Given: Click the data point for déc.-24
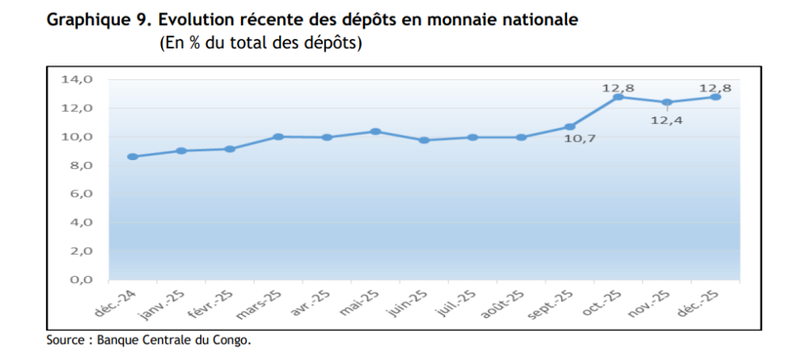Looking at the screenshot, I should click(x=133, y=157).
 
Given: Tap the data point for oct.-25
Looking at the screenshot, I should click(x=618, y=97).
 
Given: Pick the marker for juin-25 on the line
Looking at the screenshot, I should click(x=424, y=140).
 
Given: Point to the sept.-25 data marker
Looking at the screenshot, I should click(x=570, y=126).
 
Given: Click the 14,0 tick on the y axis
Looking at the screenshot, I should click(x=78, y=80).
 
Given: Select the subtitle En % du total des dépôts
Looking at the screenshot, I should click(x=260, y=43).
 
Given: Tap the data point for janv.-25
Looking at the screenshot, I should click(x=181, y=150).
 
